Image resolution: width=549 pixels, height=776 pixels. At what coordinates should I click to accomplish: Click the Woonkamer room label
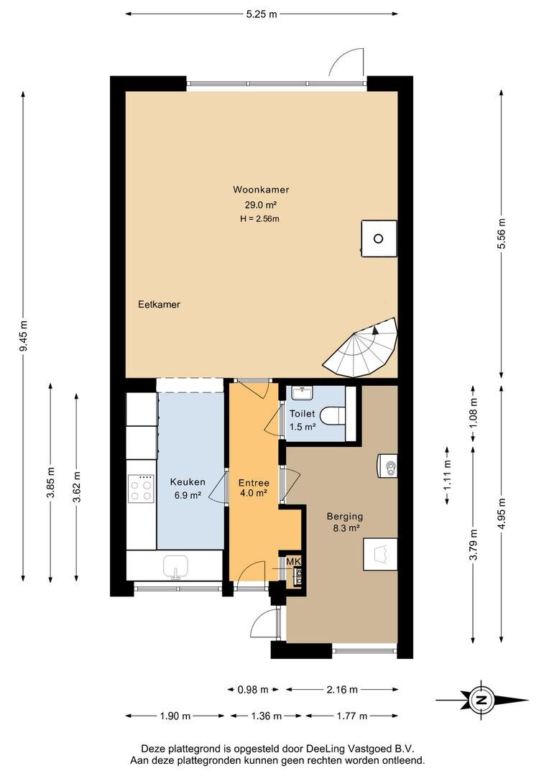[261, 190]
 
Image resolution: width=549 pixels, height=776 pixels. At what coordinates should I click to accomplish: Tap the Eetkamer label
[159, 305]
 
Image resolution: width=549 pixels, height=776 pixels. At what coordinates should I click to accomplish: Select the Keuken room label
[188, 482]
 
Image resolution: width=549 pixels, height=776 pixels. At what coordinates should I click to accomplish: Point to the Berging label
[345, 516]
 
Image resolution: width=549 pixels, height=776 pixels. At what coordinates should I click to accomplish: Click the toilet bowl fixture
[333, 416]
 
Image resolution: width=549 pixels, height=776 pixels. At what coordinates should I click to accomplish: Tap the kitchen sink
[176, 566]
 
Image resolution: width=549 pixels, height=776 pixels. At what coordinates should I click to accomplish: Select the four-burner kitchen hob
[141, 489]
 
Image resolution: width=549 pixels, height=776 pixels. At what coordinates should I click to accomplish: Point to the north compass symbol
[481, 701]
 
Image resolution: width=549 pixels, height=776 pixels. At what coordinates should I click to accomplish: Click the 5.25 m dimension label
[262, 14]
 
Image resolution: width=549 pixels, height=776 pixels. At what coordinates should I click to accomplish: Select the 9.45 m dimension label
[23, 336]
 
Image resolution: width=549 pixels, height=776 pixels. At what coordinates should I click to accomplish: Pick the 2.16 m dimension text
[341, 689]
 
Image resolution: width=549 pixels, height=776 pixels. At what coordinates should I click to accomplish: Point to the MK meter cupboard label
[294, 562]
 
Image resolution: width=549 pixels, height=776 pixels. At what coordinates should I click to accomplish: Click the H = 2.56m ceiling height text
[260, 218]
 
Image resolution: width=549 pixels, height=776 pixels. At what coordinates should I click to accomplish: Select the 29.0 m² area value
[260, 204]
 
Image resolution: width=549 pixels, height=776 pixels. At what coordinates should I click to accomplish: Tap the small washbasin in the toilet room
[302, 393]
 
